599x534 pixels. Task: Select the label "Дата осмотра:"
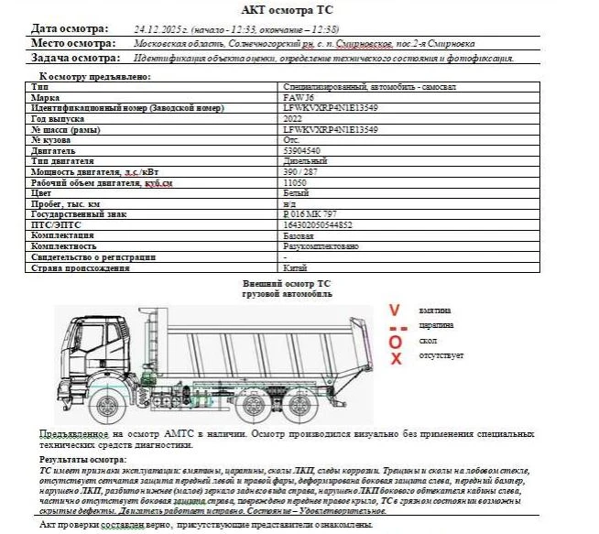pos(69,29)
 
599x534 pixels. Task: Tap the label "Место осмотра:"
pos(72,43)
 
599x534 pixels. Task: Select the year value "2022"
pos(295,119)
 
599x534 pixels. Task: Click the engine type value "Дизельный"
pos(306,161)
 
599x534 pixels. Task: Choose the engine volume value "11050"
pos(296,182)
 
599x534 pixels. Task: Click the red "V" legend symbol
pos(395,311)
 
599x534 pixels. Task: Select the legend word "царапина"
pos(438,325)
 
